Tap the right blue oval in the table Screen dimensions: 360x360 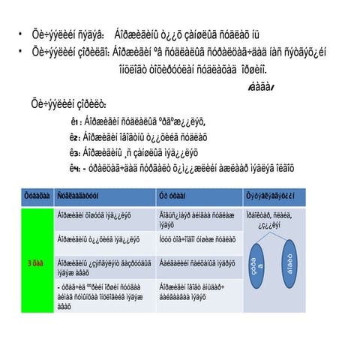[x=289, y=265]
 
